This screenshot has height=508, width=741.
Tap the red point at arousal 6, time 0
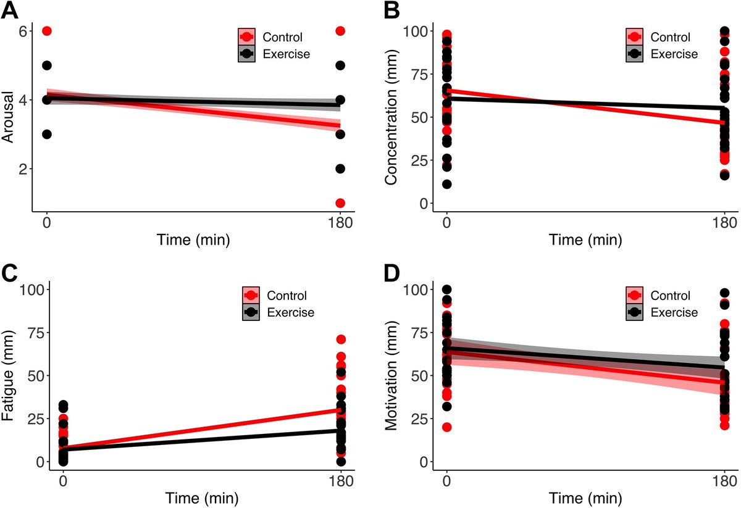(47, 31)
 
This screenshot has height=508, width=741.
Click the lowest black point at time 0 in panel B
(447, 184)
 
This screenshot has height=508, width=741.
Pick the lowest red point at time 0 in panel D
(447, 427)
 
